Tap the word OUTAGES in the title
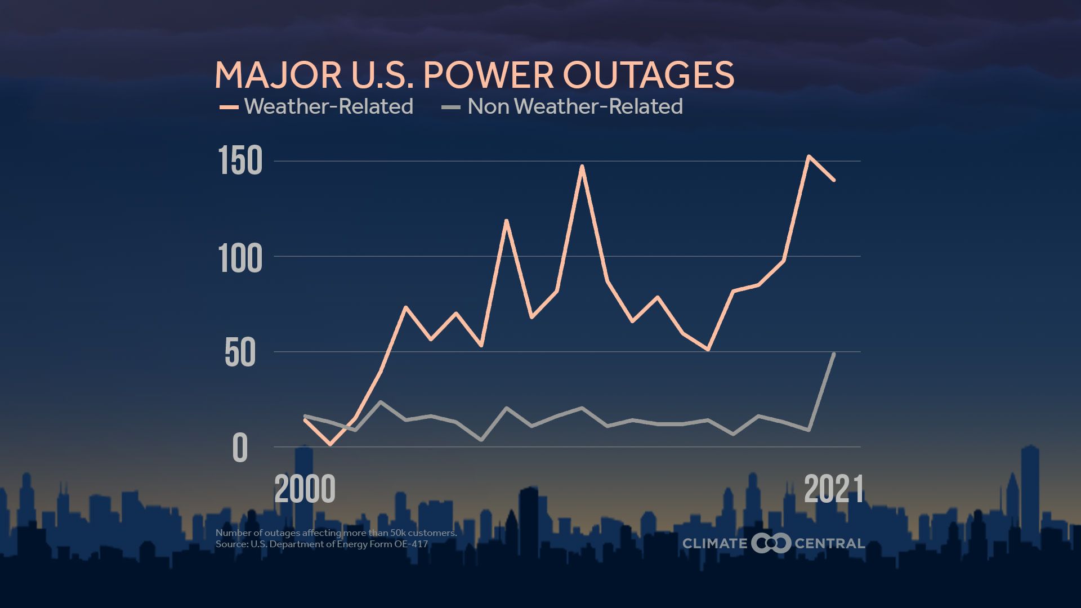tap(649, 75)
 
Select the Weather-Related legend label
tap(329, 106)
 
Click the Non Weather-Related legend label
tap(575, 106)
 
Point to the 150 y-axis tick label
tap(240, 161)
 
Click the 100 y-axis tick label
tap(240, 259)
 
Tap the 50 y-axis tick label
tap(240, 354)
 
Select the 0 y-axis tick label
tap(240, 449)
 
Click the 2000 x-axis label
tap(305, 489)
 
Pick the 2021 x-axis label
tap(833, 489)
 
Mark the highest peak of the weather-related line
tap(808, 157)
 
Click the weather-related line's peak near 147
tap(582, 167)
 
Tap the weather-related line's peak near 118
tap(506, 221)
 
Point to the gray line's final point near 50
tap(834, 354)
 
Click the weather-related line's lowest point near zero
tap(330, 444)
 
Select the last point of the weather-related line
tap(834, 180)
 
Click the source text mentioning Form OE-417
tap(321, 544)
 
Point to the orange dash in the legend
tap(229, 106)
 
